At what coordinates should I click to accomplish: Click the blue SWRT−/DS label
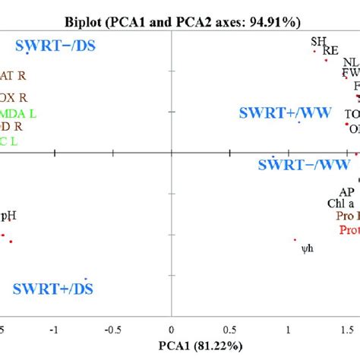pyautogui.click(x=46, y=46)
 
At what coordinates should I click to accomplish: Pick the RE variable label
pyautogui.click(x=330, y=51)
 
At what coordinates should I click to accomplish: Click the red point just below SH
pyautogui.click(x=314, y=52)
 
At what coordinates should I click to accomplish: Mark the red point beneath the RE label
pyautogui.click(x=327, y=60)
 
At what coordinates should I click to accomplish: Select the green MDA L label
pyautogui.click(x=21, y=113)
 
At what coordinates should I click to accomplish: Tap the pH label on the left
pyautogui.click(x=8, y=215)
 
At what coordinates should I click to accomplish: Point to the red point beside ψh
pyautogui.click(x=295, y=240)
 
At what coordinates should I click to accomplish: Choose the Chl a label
pyautogui.click(x=340, y=204)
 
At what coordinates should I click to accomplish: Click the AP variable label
pyautogui.click(x=346, y=191)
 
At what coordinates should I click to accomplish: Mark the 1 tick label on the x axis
pyautogui.click(x=289, y=330)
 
